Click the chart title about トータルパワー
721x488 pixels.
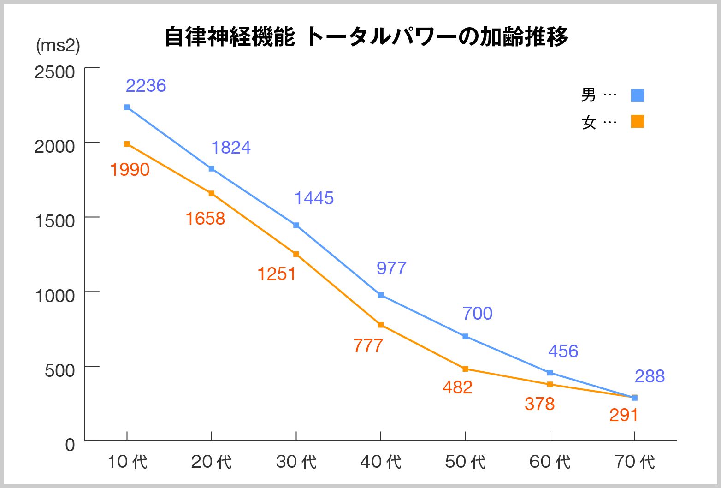tap(366, 36)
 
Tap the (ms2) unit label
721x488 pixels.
tap(58, 45)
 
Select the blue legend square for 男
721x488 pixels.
tap(637, 95)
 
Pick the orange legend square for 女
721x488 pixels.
tap(637, 121)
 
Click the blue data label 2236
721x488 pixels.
tap(146, 86)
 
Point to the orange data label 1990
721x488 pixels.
tap(130, 170)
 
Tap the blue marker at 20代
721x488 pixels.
tap(212, 169)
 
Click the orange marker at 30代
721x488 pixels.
tap(296, 254)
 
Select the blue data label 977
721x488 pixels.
tap(391, 268)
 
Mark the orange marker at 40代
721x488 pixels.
tap(381, 325)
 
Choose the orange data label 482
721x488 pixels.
tap(457, 387)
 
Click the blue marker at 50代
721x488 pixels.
tap(465, 337)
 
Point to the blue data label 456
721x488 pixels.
tap(563, 351)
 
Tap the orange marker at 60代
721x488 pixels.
tap(550, 385)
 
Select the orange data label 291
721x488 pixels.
tap(623, 415)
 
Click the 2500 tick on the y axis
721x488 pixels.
tap(55, 72)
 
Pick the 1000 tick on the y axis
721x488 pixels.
tap(55, 295)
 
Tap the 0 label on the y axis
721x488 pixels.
tap(70, 445)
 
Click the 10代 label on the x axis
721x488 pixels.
tap(127, 462)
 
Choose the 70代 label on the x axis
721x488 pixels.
tap(635, 462)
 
